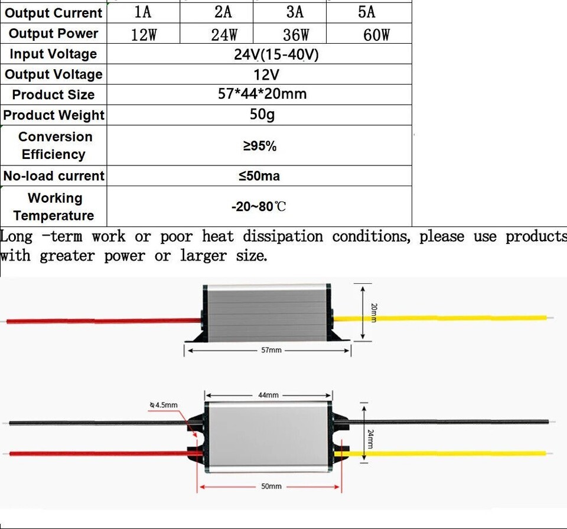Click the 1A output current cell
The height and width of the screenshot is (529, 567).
(x=143, y=12)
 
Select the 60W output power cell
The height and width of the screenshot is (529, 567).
(x=377, y=34)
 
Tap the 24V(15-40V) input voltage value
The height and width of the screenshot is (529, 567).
(x=276, y=55)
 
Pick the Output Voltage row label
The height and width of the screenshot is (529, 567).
(x=53, y=74)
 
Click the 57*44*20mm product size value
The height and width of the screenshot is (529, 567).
(x=262, y=94)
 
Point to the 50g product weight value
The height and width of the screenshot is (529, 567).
(x=262, y=114)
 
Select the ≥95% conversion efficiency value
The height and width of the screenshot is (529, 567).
(x=260, y=146)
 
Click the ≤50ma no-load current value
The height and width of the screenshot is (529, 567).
(x=259, y=176)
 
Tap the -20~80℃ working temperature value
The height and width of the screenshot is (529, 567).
(x=259, y=207)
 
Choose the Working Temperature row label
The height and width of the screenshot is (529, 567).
(x=54, y=206)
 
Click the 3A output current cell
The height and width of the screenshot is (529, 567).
(x=294, y=12)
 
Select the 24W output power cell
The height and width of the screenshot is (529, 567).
(x=224, y=34)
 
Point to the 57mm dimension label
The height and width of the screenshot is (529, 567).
(x=271, y=350)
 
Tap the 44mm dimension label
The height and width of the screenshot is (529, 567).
(x=268, y=395)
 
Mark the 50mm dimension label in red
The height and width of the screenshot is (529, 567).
(x=271, y=486)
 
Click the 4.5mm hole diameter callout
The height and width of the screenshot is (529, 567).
(x=164, y=405)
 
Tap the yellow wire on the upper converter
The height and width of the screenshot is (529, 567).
(x=443, y=318)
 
